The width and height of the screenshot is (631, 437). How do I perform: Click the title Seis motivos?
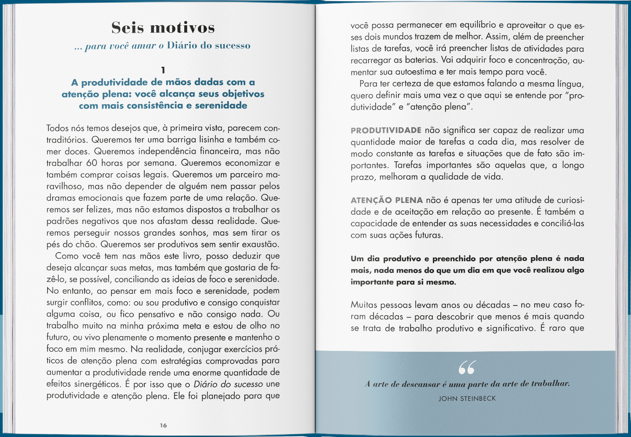click(163, 28)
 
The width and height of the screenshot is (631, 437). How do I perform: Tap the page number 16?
click(163, 425)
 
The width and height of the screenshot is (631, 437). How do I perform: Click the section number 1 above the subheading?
click(163, 70)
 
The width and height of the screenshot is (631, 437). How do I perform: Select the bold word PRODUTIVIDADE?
click(386, 130)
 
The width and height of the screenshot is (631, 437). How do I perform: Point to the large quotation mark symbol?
click(467, 367)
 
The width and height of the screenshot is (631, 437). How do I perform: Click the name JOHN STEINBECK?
click(467, 398)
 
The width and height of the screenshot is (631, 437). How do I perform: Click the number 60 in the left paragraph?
click(92, 163)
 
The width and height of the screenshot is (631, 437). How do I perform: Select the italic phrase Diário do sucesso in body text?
click(228, 384)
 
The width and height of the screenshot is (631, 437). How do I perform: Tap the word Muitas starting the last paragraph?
click(364, 305)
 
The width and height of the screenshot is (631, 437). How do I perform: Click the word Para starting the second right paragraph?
click(369, 84)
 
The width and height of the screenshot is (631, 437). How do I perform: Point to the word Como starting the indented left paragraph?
click(67, 256)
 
